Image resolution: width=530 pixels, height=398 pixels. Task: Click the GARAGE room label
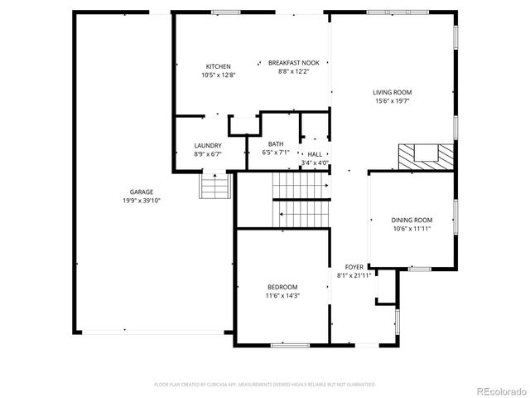click(x=141, y=192)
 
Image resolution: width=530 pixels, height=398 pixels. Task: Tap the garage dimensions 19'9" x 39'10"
click(x=141, y=200)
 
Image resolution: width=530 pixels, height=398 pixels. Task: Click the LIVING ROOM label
click(x=393, y=92)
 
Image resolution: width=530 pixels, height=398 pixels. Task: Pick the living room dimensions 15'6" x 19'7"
click(x=393, y=100)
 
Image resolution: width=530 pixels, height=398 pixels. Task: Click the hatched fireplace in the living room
click(x=426, y=156)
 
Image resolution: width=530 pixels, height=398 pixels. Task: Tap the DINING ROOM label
click(x=412, y=220)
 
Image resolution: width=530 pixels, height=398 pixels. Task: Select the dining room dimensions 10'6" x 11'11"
click(x=412, y=228)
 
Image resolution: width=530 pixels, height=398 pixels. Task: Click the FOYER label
click(x=354, y=266)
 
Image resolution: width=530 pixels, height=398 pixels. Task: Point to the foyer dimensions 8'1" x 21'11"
click(x=354, y=274)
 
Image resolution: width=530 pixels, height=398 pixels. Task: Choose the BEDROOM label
click(x=282, y=287)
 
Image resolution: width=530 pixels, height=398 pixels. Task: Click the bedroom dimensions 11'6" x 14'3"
click(x=282, y=295)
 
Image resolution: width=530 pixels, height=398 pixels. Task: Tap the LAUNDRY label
click(x=208, y=145)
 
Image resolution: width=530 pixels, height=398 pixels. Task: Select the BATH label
click(x=275, y=144)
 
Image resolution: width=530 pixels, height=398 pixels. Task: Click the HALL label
click(x=315, y=154)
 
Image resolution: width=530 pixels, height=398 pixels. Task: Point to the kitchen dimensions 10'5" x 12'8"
click(x=219, y=75)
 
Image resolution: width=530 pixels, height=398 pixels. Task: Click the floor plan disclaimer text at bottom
click(x=265, y=385)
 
